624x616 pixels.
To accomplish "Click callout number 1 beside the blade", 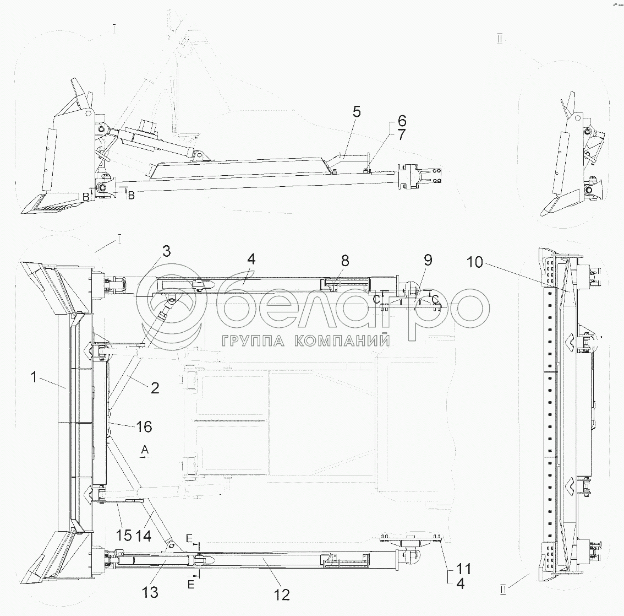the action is [x=34, y=378].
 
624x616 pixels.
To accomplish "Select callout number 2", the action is [x=155, y=388].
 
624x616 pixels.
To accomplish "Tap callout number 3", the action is [x=166, y=252].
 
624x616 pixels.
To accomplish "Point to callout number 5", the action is [x=357, y=112].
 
